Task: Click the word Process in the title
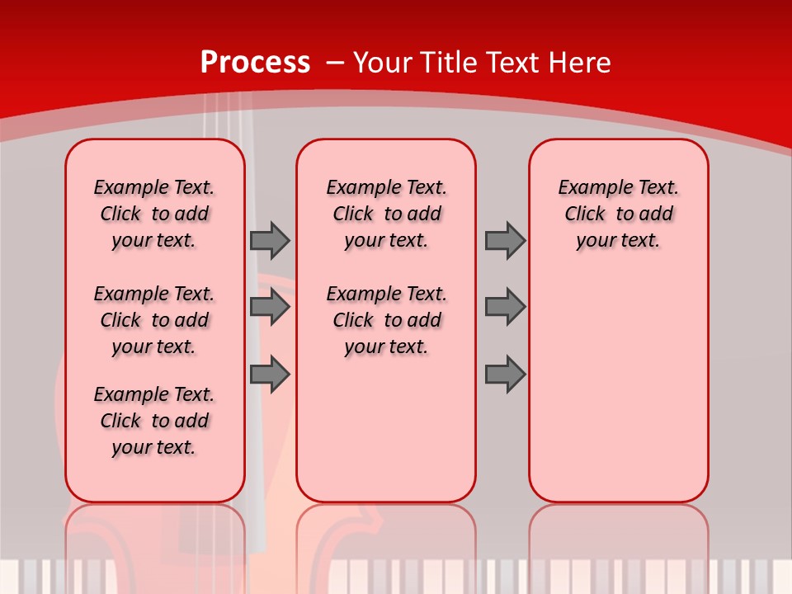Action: tap(255, 63)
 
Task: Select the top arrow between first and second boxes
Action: tap(270, 240)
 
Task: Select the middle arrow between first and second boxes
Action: tap(270, 307)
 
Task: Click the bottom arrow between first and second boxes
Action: tap(270, 374)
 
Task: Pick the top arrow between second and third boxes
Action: tap(505, 240)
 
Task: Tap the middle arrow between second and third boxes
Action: tap(505, 307)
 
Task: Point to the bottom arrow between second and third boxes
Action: tap(505, 374)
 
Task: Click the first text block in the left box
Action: tap(154, 214)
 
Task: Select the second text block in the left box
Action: tap(154, 320)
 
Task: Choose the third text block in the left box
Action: tap(154, 421)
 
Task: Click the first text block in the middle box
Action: tap(386, 214)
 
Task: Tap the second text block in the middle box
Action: tap(386, 320)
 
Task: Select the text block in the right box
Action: tap(619, 214)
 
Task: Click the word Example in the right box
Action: tap(588, 188)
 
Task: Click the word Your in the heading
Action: tap(383, 63)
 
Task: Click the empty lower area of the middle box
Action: tap(386, 429)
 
